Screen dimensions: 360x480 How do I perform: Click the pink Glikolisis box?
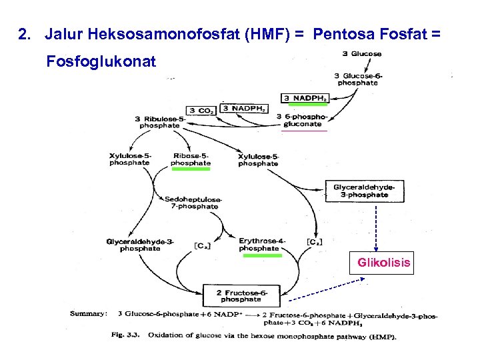pyautogui.click(x=383, y=263)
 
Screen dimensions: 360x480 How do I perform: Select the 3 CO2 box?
pyautogui.click(x=201, y=110)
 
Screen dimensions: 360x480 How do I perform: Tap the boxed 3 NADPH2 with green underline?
pyautogui.click(x=306, y=98)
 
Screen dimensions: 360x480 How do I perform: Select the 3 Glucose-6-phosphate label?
pyautogui.click(x=359, y=79)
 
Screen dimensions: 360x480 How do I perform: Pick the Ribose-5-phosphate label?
pyautogui.click(x=190, y=159)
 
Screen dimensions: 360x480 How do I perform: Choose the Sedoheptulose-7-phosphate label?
pyautogui.click(x=193, y=203)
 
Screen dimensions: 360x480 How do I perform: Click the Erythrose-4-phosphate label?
pyautogui.click(x=261, y=244)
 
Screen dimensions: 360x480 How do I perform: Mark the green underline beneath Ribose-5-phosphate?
pyautogui.click(x=191, y=169)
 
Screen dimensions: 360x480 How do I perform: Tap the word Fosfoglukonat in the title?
pyautogui.click(x=101, y=62)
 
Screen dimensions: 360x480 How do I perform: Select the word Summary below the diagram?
pyautogui.click(x=89, y=313)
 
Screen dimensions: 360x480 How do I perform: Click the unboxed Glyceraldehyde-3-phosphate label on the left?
pyautogui.click(x=140, y=245)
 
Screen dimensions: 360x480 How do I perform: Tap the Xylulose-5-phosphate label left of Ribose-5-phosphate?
pyautogui.click(x=129, y=159)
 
